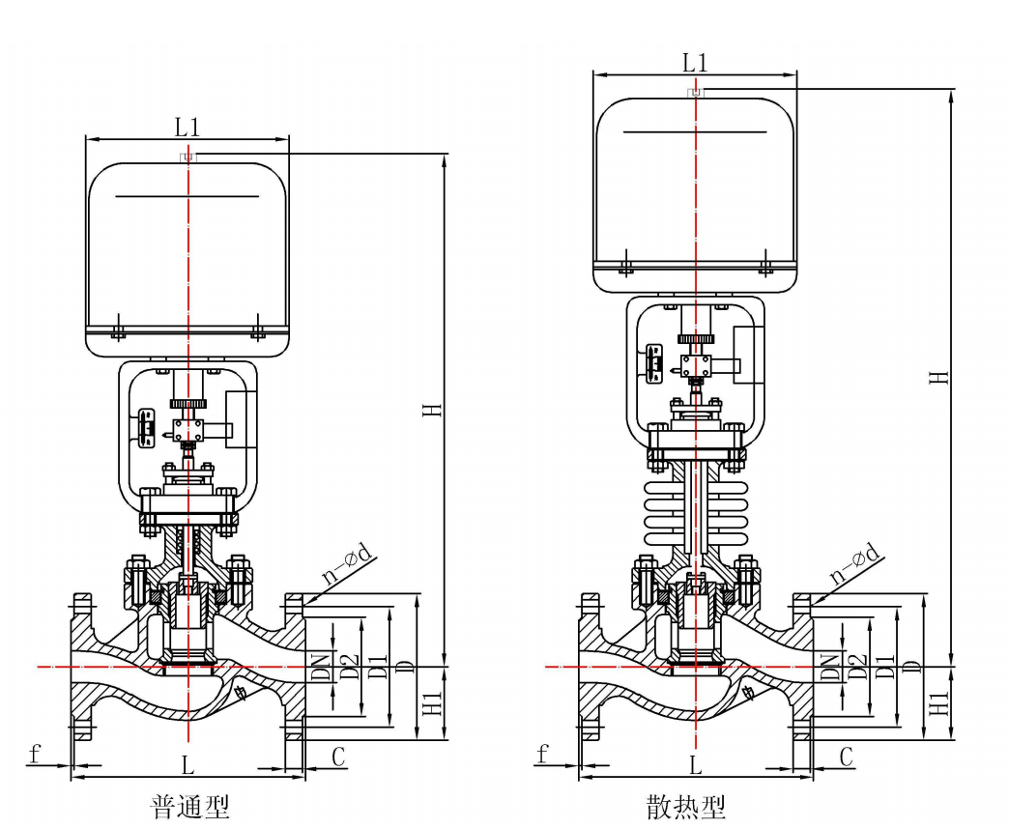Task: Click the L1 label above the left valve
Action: [x=187, y=128]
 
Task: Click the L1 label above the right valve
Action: [x=694, y=63]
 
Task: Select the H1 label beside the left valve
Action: [x=432, y=703]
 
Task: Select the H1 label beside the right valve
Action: [x=939, y=703]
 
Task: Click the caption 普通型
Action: [x=189, y=807]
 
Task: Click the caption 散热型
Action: [x=686, y=807]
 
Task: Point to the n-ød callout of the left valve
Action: [x=348, y=563]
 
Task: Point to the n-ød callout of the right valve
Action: [x=855, y=563]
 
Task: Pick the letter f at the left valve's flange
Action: [x=35, y=753]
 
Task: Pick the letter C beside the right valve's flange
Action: [x=847, y=757]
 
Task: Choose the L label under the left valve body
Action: [x=187, y=764]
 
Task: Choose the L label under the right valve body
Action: [x=695, y=764]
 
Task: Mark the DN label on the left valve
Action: [x=321, y=667]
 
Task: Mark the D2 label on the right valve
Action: [x=857, y=667]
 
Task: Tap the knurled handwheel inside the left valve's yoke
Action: [x=187, y=404]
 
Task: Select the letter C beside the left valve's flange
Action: [x=338, y=757]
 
